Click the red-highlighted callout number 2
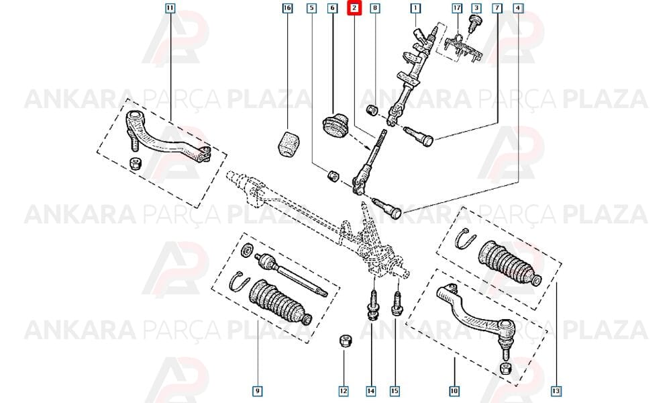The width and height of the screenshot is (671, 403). (354, 8)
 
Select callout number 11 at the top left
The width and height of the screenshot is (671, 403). (170, 8)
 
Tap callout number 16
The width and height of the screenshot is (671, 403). (288, 8)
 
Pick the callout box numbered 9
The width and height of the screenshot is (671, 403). (257, 391)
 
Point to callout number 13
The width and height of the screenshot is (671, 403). (556, 391)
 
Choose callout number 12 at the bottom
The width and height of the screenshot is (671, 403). (344, 391)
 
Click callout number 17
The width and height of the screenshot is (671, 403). (457, 8)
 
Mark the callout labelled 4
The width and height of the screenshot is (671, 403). (518, 8)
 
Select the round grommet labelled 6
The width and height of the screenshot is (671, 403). (335, 126)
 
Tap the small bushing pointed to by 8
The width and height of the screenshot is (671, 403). (372, 109)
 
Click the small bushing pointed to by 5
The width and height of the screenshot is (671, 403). (333, 175)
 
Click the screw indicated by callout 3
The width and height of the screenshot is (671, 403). (474, 24)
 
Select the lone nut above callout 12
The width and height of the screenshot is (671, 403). (344, 341)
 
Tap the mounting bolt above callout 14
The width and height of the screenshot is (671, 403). (373, 306)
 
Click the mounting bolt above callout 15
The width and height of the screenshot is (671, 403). (397, 304)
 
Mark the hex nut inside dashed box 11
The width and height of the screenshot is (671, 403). (136, 164)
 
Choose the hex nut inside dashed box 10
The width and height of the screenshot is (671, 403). (505, 368)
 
